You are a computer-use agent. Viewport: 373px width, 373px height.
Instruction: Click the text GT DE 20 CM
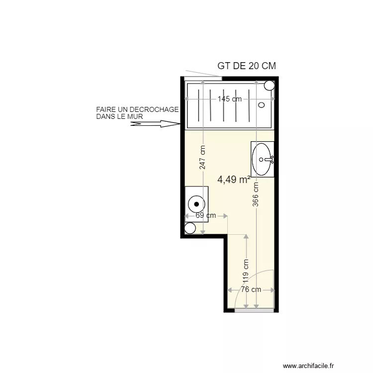tap(247, 66)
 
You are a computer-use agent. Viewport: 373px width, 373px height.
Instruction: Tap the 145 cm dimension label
tap(229, 99)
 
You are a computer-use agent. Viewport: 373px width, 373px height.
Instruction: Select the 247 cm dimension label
tap(202, 157)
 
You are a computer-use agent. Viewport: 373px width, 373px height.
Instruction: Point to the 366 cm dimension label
tap(256, 194)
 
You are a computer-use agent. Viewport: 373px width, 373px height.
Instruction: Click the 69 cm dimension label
tap(205, 215)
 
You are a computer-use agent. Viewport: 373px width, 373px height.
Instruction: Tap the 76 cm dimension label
tap(251, 289)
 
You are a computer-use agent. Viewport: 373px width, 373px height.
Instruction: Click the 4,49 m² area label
tap(234, 180)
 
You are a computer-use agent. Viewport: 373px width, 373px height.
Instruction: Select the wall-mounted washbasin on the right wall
tap(262, 159)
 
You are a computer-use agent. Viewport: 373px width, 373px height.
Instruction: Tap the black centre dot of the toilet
tap(197, 203)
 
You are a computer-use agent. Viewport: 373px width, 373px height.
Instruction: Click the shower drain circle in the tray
tap(262, 105)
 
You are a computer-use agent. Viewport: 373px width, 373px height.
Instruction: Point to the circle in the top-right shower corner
tap(269, 85)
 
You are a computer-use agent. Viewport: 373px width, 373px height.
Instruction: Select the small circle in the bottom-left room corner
tap(190, 228)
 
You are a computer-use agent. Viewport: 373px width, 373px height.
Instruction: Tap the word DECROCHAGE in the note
tap(154, 109)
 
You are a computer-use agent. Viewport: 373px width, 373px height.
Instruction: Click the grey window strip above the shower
tap(203, 78)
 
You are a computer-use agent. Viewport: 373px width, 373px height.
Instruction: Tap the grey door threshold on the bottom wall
tap(254, 310)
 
